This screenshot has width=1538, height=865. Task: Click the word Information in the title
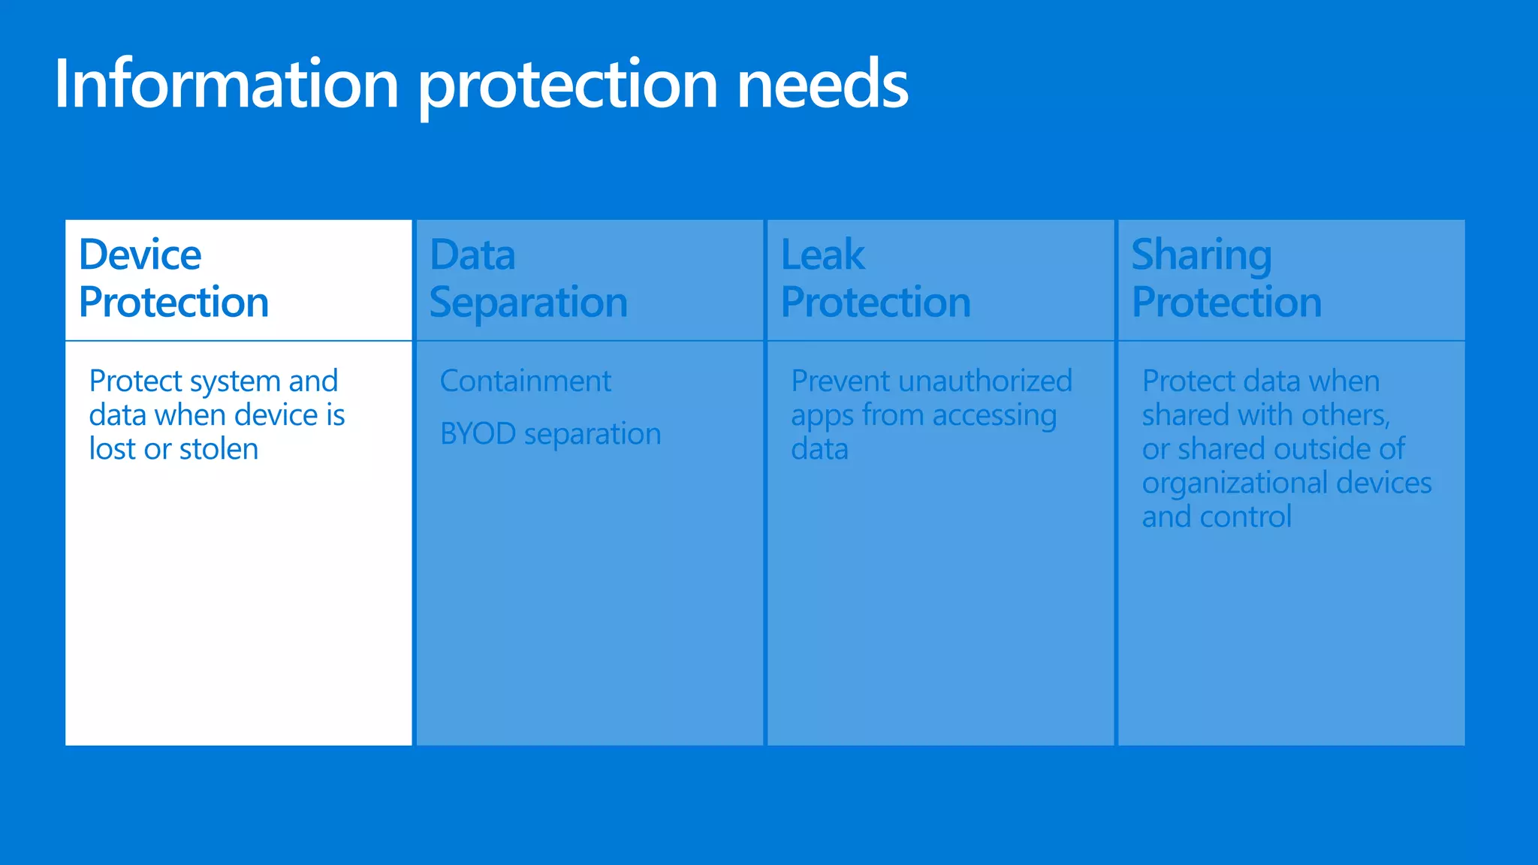point(226,84)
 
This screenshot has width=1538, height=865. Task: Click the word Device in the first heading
point(140,255)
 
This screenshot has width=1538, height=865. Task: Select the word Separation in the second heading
point(529,303)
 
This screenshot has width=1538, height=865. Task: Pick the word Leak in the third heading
point(822,255)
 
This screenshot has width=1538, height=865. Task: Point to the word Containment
point(526,381)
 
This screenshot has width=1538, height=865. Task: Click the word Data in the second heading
point(473,255)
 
